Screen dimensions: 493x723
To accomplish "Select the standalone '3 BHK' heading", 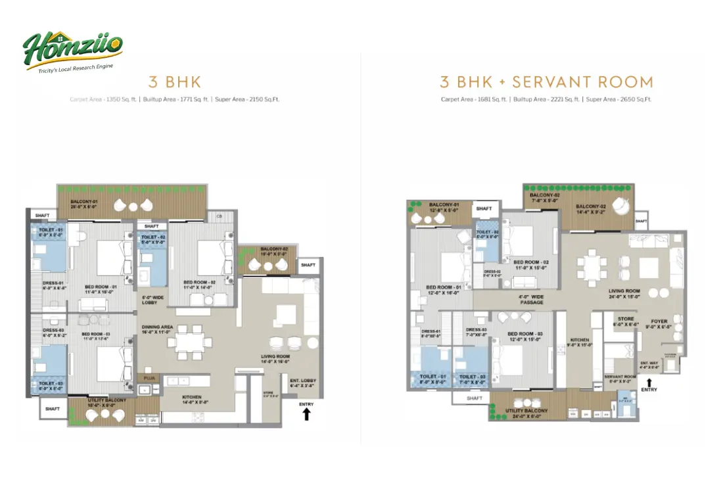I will coord(174,82).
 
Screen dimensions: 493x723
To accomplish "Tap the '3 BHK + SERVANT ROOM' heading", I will coord(546,82).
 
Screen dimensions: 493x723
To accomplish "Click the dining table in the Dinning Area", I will coord(189,340).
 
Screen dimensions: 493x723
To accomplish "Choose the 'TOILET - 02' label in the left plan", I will coord(152,238).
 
